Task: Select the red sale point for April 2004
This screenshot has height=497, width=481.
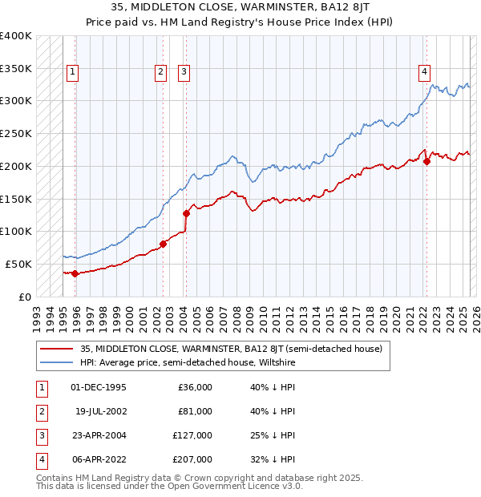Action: [186, 213]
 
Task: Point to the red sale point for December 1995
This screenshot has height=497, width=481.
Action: [75, 273]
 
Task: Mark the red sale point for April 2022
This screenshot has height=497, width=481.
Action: [427, 161]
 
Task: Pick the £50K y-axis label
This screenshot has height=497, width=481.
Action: [18, 264]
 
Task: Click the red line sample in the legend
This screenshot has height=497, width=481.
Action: [56, 349]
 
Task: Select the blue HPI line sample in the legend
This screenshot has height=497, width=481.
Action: [56, 362]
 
